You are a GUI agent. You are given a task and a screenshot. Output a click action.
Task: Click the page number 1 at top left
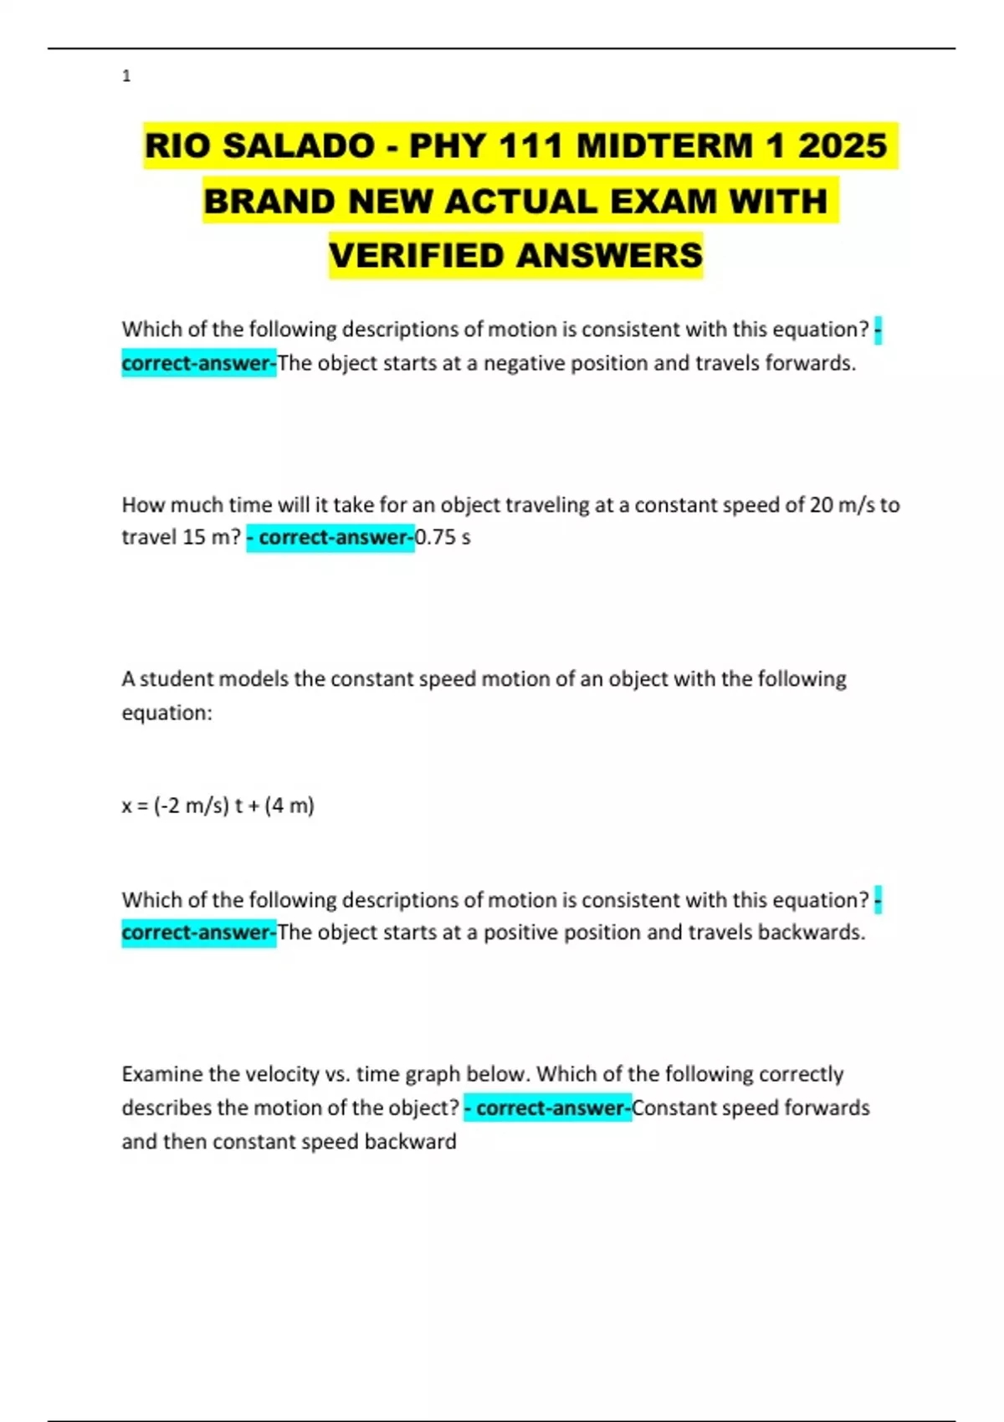point(126,76)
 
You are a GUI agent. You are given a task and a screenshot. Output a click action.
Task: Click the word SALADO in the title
point(299,146)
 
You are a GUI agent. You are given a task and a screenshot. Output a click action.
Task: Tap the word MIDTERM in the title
point(664,146)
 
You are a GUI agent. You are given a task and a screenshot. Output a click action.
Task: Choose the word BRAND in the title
point(269,202)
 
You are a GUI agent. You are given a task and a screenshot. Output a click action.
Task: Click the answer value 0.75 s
point(443,537)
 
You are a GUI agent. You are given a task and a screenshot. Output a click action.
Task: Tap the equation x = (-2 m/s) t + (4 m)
point(218,806)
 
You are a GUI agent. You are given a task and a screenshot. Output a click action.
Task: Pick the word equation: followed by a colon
point(167,713)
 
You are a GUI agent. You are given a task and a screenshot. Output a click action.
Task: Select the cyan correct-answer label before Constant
point(548,1107)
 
